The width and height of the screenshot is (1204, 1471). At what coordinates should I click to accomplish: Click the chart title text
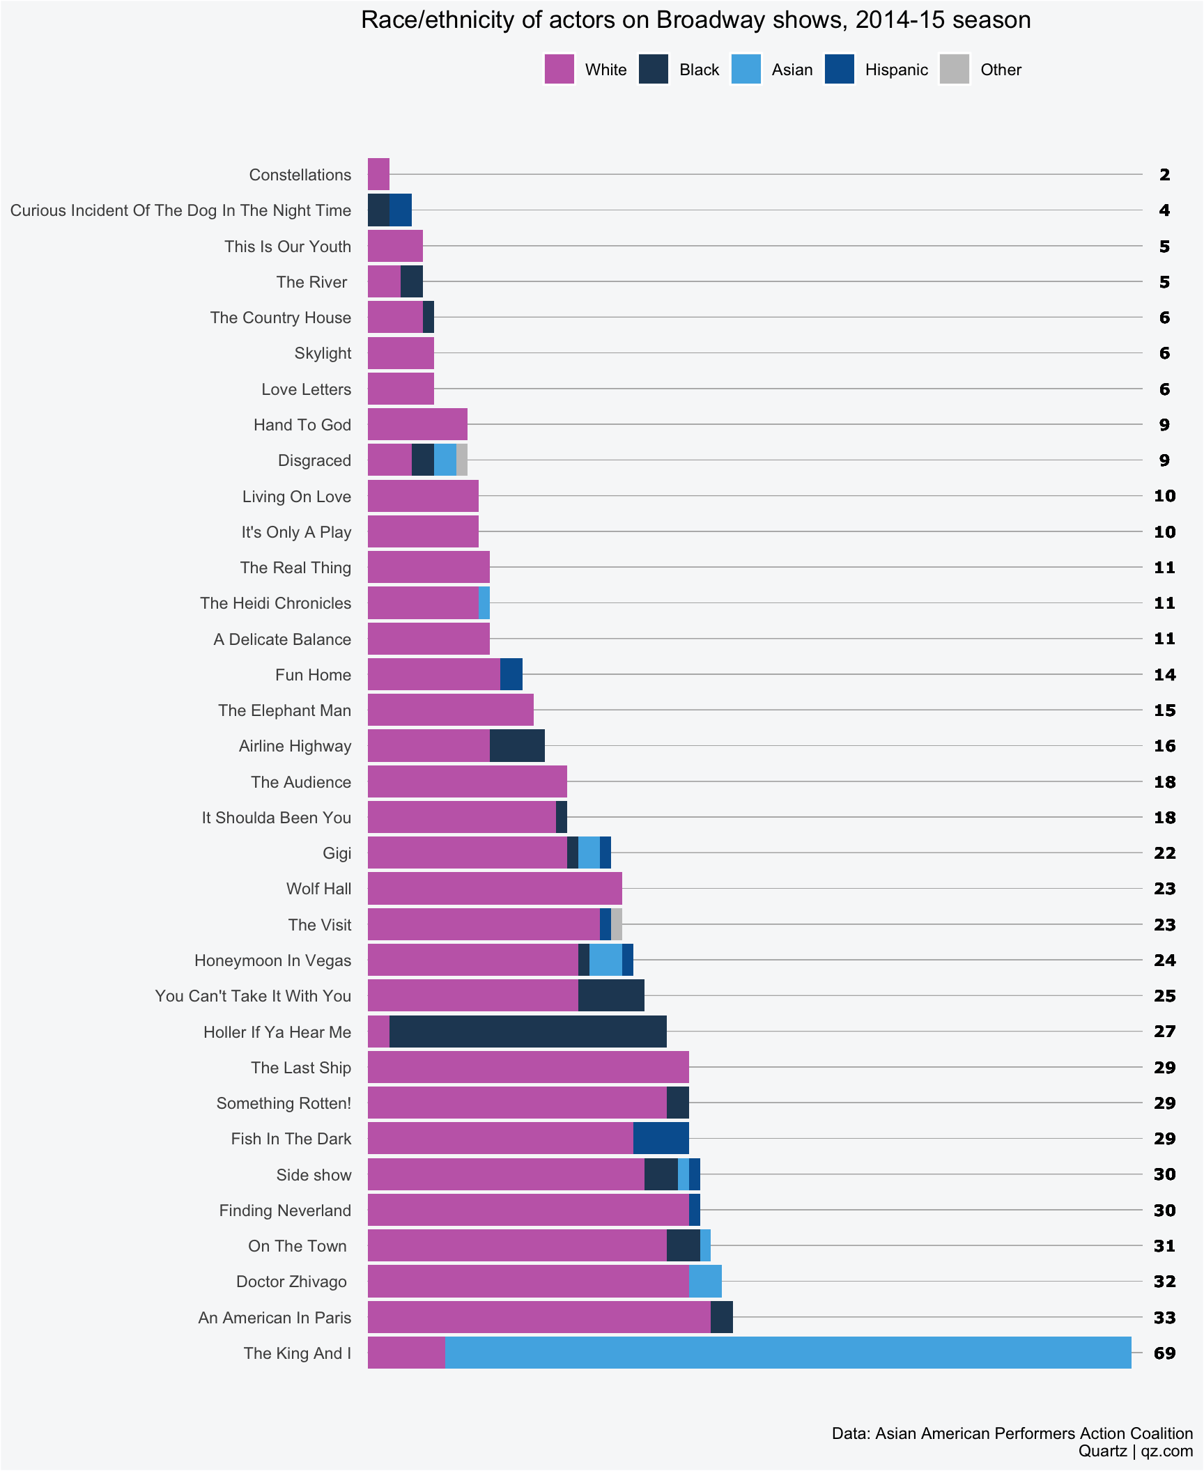pos(695,20)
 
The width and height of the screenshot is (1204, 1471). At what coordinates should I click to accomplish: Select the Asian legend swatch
pos(746,69)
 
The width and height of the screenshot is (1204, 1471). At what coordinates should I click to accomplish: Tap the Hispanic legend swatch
pos(839,69)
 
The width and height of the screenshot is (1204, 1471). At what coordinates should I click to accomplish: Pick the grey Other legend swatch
pos(954,69)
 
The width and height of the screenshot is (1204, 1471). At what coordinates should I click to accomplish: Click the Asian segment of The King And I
pos(787,1353)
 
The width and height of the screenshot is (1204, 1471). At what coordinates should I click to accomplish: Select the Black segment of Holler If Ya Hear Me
pos(527,1032)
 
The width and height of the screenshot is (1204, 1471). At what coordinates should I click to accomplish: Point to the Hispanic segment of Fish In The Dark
pos(661,1138)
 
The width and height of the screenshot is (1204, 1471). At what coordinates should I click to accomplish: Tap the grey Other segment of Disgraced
pos(461,460)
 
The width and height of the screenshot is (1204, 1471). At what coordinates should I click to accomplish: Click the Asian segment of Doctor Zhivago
pos(705,1281)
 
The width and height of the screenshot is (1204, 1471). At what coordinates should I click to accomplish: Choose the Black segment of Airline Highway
pos(517,745)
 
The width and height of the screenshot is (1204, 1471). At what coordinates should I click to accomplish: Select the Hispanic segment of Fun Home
pos(511,674)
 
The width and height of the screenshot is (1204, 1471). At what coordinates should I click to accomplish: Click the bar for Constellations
pos(378,174)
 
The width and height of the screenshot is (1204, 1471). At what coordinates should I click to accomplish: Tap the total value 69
pos(1164,1353)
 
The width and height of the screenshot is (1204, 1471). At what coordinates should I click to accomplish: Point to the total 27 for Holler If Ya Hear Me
pos(1164,1032)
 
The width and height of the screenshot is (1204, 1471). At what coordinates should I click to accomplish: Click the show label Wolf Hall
pos(318,889)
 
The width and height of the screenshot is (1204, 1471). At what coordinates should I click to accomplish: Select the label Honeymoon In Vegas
pos(272,960)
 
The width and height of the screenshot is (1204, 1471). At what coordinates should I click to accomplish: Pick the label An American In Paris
pos(275,1317)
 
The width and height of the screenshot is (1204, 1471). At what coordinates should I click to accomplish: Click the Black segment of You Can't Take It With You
pos(611,995)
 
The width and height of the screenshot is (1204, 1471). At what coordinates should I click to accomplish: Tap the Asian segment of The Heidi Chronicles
pos(484,602)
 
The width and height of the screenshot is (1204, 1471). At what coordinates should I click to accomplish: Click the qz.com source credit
pos(1167,1451)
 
